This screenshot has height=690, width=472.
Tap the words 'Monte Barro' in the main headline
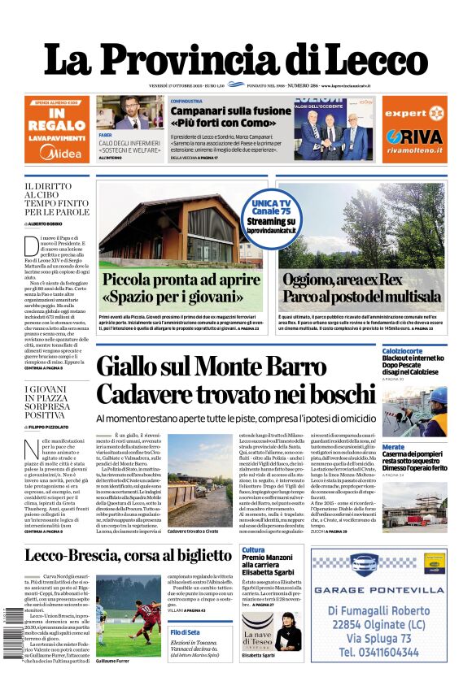269,367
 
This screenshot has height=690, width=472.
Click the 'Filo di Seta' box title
185,631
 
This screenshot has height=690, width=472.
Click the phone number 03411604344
378,651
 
